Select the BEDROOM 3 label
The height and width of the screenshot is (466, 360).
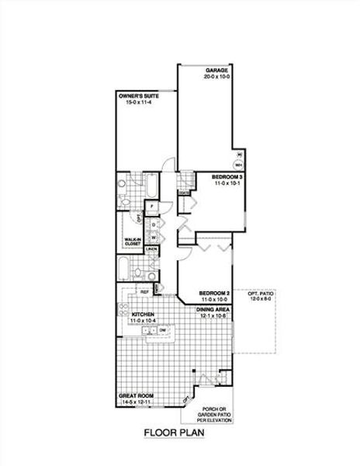click(227, 177)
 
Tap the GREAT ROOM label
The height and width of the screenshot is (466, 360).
click(136, 396)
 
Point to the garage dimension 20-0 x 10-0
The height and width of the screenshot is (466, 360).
click(218, 77)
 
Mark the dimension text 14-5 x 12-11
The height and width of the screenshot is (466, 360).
click(137, 403)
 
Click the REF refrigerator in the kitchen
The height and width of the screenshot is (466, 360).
click(144, 291)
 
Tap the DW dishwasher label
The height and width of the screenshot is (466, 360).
click(164, 331)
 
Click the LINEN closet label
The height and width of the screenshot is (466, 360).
click(153, 249)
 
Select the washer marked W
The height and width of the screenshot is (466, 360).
click(154, 236)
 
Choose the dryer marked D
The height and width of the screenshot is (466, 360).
click(154, 224)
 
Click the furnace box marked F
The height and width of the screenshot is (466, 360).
click(153, 205)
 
